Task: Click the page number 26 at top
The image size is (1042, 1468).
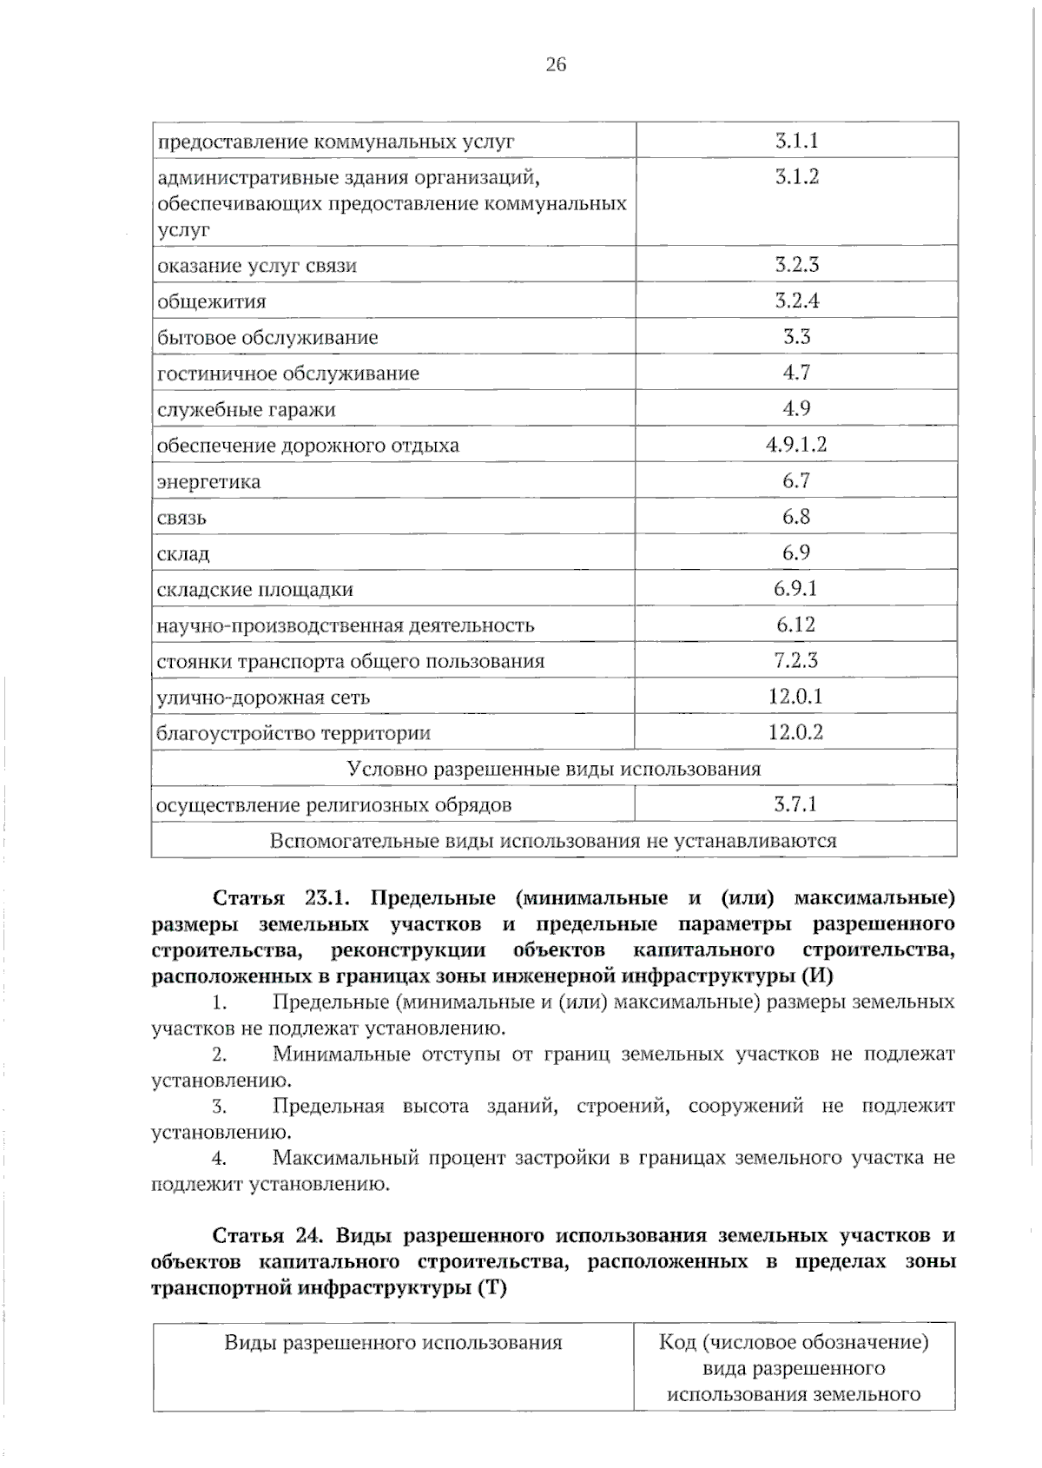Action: click(x=556, y=64)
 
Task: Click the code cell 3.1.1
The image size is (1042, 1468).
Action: click(x=796, y=141)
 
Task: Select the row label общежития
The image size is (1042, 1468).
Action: click(x=212, y=302)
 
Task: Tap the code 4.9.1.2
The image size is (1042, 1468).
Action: click(x=795, y=445)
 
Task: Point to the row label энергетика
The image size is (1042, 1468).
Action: click(x=208, y=482)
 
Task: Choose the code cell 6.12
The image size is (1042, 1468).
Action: click(x=795, y=625)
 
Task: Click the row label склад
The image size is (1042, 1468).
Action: click(x=183, y=554)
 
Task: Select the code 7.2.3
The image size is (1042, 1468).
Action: click(x=795, y=660)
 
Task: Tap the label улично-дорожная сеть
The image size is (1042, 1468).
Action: click(x=263, y=698)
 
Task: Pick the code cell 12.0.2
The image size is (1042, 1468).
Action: click(x=795, y=732)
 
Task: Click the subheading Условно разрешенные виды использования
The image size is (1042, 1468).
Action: click(x=554, y=769)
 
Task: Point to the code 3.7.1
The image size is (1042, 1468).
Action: click(x=795, y=804)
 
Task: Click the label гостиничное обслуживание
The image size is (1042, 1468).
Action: click(x=287, y=374)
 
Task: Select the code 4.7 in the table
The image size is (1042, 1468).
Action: click(x=795, y=373)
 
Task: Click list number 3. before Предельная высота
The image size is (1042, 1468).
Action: click(x=220, y=1107)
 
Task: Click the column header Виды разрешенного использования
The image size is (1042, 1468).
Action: click(x=393, y=1343)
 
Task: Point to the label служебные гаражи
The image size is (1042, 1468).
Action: click(x=246, y=410)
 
